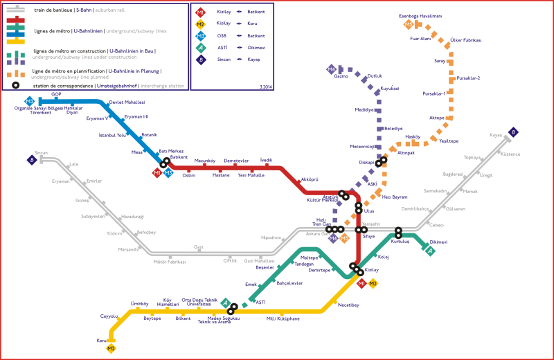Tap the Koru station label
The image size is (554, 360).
[x=101, y=341]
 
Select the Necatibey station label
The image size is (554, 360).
[x=348, y=305]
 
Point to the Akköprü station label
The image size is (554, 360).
[x=309, y=179]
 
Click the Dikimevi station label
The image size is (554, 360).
[x=438, y=242]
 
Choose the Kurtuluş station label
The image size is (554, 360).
[x=400, y=241]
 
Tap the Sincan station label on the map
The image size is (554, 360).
[x=41, y=152]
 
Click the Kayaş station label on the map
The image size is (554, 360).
[x=496, y=135]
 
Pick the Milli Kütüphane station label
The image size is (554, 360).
[x=283, y=318]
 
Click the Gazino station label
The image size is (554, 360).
[x=341, y=76]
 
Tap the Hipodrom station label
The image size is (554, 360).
[x=271, y=237]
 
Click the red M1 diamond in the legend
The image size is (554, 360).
[x=200, y=12]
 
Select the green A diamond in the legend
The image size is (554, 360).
[x=200, y=48]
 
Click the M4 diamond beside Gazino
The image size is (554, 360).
[x=332, y=69]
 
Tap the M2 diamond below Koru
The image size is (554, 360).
[x=111, y=348]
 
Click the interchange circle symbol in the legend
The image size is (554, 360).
[x=15, y=85]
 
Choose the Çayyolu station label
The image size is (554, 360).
[x=109, y=316]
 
